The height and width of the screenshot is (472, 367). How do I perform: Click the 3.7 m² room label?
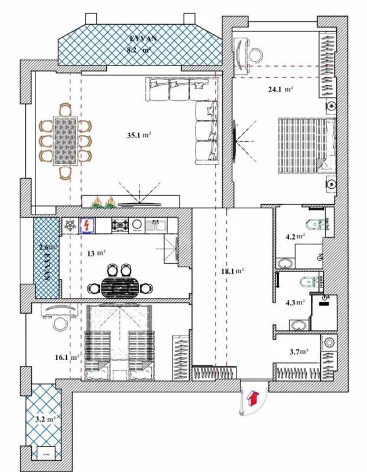pos(299,352)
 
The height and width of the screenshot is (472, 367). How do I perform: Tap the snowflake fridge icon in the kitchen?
pos(70,225)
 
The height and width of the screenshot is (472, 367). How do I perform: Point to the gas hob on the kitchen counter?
pos(121,225)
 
